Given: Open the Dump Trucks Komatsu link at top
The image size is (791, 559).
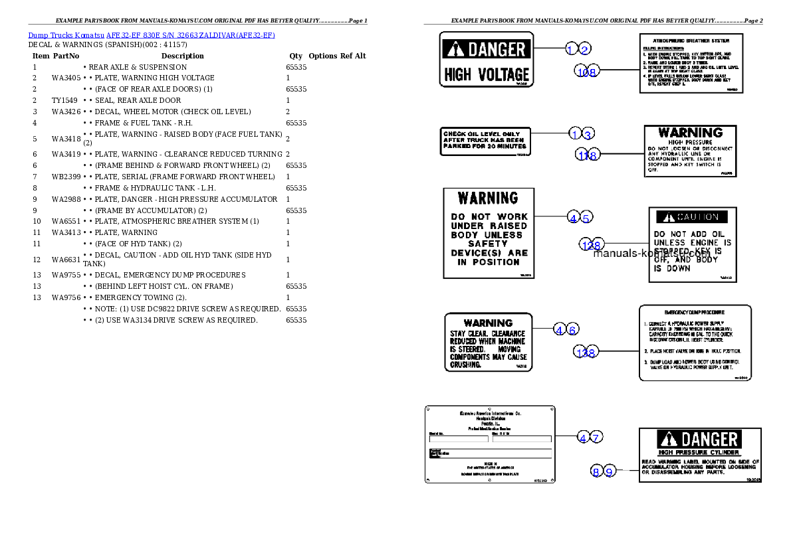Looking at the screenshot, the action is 152,35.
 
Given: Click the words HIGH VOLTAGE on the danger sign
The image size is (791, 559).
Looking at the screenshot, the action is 487,74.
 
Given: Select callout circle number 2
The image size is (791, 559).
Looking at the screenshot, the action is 584,48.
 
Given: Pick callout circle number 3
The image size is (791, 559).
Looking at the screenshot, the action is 587,134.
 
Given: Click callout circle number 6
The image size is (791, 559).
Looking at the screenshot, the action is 573,329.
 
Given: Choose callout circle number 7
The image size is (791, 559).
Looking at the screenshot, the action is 597,438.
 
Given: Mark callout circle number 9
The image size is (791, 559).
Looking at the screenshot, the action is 610,472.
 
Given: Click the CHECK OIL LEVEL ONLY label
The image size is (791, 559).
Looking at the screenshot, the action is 485,141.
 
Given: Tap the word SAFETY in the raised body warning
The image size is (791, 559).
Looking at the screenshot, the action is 488,244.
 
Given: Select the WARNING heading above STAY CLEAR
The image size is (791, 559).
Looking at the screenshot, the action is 488,323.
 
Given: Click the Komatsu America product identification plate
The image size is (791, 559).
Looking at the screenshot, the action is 490,444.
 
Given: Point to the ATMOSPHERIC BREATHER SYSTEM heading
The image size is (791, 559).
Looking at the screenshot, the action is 691,40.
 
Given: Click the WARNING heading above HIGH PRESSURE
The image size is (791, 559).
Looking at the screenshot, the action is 690,133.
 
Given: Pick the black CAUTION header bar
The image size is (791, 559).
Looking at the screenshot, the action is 692,217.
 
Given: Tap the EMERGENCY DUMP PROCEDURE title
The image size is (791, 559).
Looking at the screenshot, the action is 695,312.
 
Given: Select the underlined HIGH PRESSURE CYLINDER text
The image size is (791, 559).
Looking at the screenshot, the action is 689,452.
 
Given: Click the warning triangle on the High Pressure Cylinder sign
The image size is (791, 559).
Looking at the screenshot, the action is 668,439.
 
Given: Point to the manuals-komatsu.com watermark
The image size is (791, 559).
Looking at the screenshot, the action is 651,253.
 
